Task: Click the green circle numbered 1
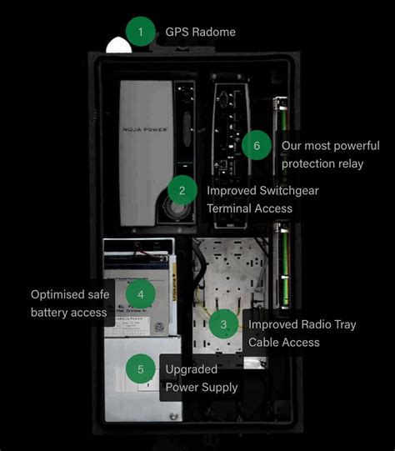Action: [141, 32]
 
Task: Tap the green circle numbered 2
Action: [182, 190]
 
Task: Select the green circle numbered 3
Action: [223, 324]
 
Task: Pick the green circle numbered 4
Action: [141, 293]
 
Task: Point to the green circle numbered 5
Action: [141, 369]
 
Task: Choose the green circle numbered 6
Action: [257, 145]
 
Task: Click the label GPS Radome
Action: [200, 32]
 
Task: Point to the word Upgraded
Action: [191, 369]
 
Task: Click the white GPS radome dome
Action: [119, 46]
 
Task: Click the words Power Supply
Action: [201, 388]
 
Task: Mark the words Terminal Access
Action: [251, 208]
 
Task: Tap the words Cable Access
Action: [283, 343]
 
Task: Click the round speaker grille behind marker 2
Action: [173, 208]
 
